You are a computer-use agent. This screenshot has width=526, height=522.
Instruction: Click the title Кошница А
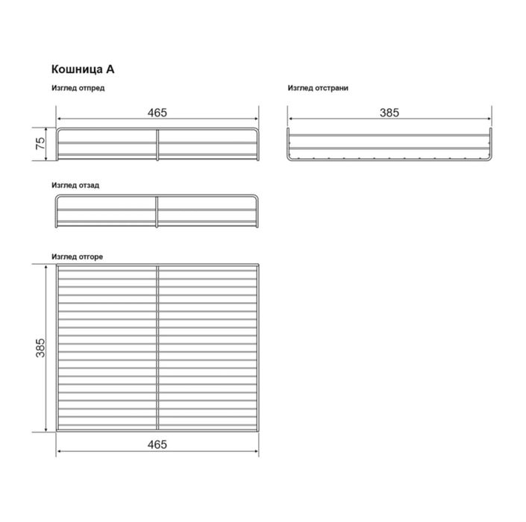(82, 69)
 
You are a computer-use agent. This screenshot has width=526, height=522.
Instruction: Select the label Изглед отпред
(78, 88)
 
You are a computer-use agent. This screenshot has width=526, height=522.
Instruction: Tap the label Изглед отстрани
(318, 88)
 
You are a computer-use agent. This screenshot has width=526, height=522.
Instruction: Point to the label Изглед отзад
(75, 184)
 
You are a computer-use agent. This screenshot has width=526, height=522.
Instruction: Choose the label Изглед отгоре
(78, 257)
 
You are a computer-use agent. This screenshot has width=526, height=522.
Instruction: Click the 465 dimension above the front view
(157, 113)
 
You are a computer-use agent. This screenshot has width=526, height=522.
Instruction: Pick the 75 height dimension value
(40, 145)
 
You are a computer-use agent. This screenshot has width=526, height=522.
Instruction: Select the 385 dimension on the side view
(389, 113)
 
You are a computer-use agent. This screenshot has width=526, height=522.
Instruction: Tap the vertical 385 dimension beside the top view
(40, 348)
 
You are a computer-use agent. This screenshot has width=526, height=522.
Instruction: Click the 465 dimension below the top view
(157, 444)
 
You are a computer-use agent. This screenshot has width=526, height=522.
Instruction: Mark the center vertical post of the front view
(157, 145)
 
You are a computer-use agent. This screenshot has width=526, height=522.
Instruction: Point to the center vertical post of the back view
(157, 212)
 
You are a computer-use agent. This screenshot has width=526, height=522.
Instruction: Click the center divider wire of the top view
(157, 348)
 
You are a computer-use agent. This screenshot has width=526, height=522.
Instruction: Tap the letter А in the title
(110, 69)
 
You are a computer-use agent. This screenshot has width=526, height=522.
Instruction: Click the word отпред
(91, 88)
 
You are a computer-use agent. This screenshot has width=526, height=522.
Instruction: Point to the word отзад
(89, 184)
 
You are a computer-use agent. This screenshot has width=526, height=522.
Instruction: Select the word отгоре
(91, 257)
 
